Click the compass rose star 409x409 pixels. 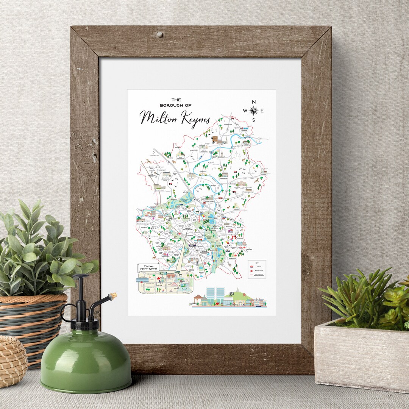pyautogui.click(x=254, y=111)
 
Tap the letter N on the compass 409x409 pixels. pyautogui.click(x=254, y=101)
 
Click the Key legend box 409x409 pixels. pyautogui.click(x=257, y=269)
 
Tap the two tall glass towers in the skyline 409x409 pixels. pyautogui.click(x=216, y=294)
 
